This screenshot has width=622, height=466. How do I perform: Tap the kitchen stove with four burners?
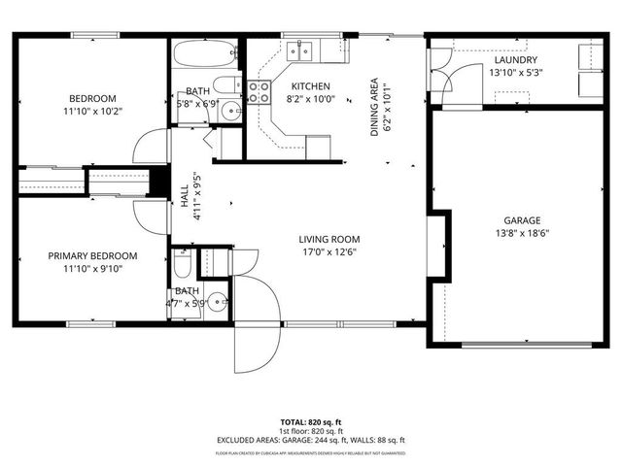tap(259, 91)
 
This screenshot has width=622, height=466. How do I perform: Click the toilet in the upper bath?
tap(225, 85)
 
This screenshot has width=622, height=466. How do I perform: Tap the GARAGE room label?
tap(522, 220)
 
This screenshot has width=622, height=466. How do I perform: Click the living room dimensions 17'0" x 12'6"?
tap(328, 252)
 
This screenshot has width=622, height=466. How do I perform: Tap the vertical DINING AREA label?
tap(375, 107)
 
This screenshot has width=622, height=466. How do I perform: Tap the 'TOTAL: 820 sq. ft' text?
tap(311, 422)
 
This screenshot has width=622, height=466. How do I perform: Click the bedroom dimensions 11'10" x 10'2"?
tap(92, 112)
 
